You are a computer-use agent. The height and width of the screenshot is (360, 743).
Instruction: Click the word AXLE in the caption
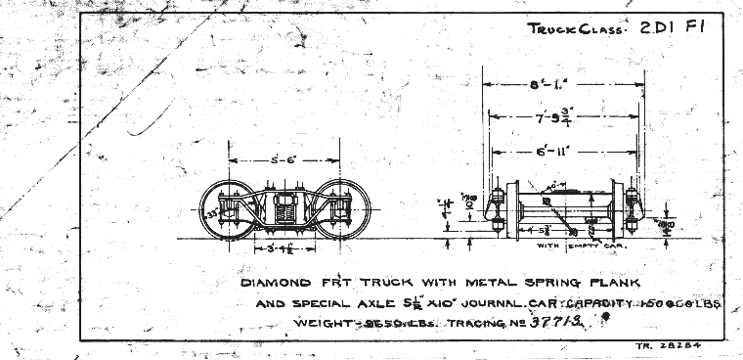pyautogui.click(x=361, y=304)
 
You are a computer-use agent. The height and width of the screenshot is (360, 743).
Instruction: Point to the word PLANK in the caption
pyautogui.click(x=613, y=283)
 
